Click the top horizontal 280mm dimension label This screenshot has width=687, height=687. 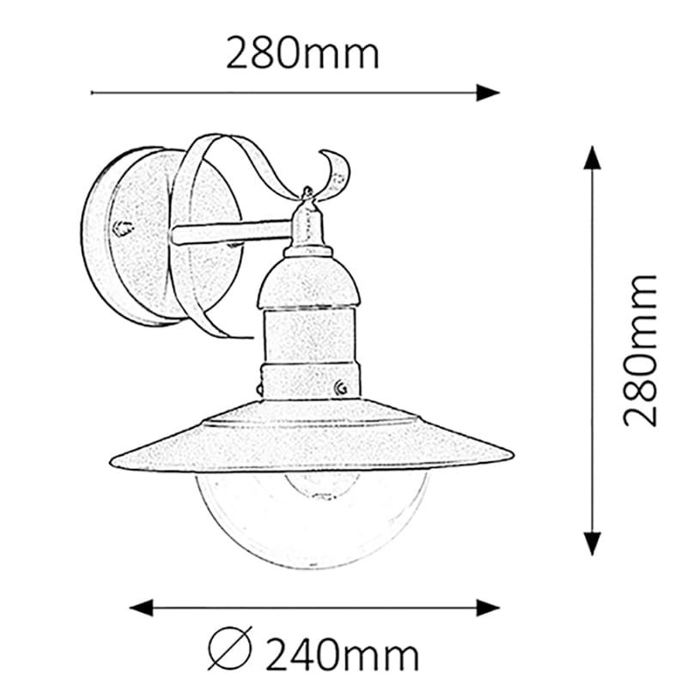tap(302, 53)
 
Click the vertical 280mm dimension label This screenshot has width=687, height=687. tap(640, 350)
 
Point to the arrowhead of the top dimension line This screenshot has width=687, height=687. tap(488, 93)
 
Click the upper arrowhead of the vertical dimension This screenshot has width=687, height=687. tap(592, 158)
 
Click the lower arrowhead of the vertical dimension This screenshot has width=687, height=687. tap(592, 544)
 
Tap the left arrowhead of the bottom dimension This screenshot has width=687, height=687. tap(142, 608)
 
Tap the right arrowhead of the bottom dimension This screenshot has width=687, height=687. tap(488, 608)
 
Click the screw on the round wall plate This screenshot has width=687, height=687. tap(123, 228)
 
